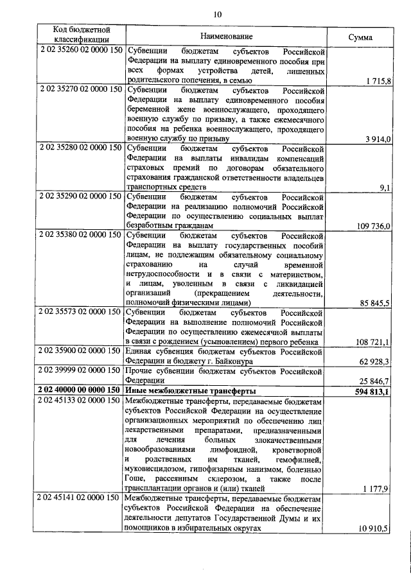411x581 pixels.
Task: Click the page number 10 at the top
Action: click(217, 13)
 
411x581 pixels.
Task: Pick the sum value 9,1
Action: click(385, 187)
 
